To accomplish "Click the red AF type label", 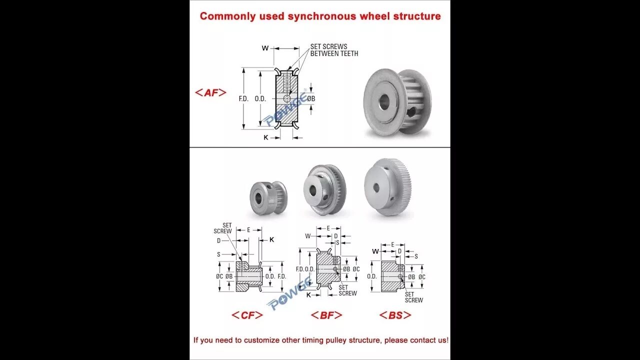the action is coord(210,92).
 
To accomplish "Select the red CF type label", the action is coord(247,315).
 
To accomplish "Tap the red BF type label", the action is coord(326,315).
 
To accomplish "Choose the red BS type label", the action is coord(395,315).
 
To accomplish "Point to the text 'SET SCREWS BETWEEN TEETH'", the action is coord(334,50).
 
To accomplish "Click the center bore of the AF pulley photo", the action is coord(384,102).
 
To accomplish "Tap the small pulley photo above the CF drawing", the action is coord(268,198).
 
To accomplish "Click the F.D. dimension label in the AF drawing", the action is coord(243,99).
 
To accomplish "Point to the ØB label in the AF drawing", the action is coord(311,99).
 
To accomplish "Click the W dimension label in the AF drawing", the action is coord(265,48).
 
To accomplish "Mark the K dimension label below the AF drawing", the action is coord(266,137).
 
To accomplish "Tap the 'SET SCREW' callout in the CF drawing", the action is coord(223,228).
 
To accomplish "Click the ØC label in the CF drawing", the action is coord(219,276).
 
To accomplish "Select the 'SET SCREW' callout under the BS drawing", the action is coord(413,297).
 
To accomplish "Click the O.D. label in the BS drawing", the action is coord(371,276).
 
